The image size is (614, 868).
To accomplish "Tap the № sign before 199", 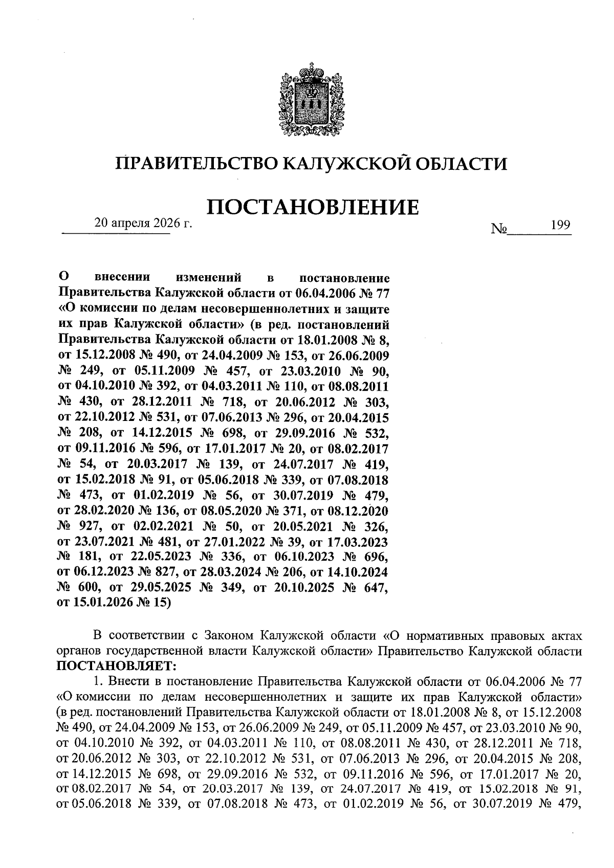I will [x=498, y=229].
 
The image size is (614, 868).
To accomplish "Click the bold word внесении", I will [x=123, y=278].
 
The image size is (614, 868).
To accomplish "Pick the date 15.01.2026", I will [x=97, y=603].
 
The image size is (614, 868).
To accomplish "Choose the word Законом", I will [x=229, y=636].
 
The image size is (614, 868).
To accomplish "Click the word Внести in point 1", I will [x=125, y=682].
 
